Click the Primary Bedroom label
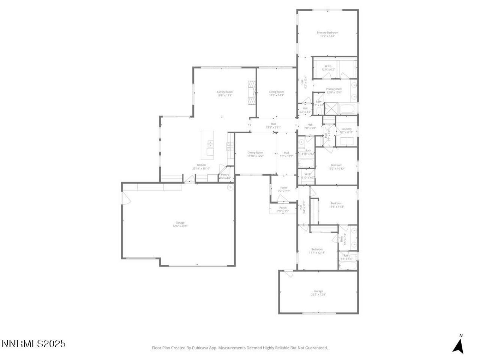coord(327,33)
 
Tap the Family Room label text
coord(225,92)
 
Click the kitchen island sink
coord(210,143)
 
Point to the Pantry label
coord(225,175)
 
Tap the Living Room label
coord(276,92)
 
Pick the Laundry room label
coord(346,129)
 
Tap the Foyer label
coord(283,188)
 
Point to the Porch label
coord(283,208)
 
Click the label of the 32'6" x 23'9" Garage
coord(180,223)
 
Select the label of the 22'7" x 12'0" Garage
coord(318,291)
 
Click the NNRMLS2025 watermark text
coord(34,343)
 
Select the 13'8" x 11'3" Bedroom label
coord(336,203)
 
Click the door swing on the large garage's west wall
coord(126,198)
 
